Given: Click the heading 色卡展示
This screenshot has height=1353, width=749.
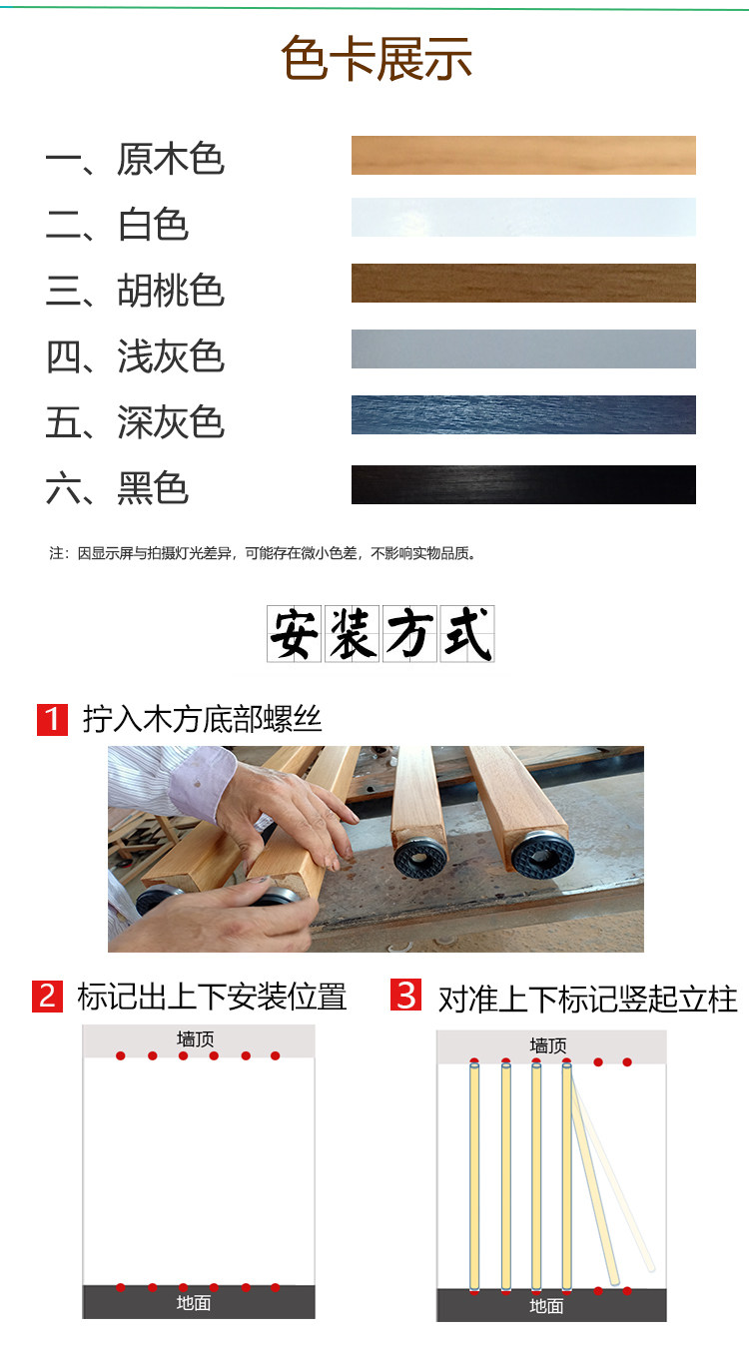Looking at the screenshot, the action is [376, 59].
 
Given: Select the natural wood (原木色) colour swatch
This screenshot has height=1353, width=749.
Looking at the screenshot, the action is [523, 155].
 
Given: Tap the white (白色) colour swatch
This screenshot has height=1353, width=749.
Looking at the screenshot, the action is [523, 217].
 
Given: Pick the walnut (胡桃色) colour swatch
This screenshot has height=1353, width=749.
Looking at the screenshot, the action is [523, 283].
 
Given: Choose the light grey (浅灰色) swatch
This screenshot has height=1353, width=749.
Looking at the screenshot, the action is [523, 348].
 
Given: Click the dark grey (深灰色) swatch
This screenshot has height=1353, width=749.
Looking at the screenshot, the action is [523, 414].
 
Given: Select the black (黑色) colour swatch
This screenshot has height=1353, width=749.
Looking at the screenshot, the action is [523, 484].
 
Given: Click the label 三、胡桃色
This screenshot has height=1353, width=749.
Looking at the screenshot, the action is [135, 290].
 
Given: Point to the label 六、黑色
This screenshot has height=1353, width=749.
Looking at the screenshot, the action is [117, 488].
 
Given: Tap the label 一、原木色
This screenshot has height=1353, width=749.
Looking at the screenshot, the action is [135, 159].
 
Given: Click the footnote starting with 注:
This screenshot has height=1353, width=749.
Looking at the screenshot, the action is [264, 553].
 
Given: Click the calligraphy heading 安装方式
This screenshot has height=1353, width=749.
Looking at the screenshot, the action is [380, 634].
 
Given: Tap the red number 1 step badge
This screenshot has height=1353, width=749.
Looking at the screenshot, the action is [52, 719].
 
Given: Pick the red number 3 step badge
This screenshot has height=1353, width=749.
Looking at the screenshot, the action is [405, 995].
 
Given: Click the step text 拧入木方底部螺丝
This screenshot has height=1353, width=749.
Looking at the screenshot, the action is [203, 719].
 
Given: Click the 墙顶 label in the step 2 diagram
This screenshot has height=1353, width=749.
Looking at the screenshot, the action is [195, 1038].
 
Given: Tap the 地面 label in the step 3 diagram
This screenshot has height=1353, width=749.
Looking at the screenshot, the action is [546, 1306].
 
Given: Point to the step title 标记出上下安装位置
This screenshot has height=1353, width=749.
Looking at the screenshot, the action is [212, 997].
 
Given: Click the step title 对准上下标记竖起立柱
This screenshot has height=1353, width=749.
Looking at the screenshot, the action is [588, 1000].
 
